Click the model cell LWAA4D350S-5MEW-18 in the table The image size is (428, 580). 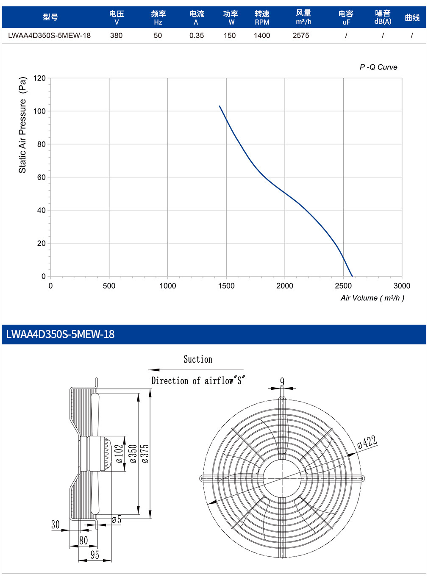coord(49,36)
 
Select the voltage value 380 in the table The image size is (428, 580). coord(116,36)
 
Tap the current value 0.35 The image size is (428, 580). coord(197,36)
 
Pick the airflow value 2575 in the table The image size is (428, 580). coord(300,36)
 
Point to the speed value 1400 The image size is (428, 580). coord(261,36)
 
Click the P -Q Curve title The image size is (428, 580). coord(378,67)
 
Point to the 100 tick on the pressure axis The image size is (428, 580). coord(39,111)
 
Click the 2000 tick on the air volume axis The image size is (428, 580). coord(285,286)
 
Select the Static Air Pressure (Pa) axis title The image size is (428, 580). coord(23,125)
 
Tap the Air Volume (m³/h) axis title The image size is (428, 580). coord(372,298)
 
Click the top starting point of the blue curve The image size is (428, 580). coord(220,106)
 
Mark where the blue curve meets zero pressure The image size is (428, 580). coord(352,276)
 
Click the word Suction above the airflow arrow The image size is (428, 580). coord(198,359)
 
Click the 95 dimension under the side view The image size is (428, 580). coord(94,555)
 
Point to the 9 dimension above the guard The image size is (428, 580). coord(282,382)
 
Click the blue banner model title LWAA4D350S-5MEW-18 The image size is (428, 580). coord(60,334)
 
